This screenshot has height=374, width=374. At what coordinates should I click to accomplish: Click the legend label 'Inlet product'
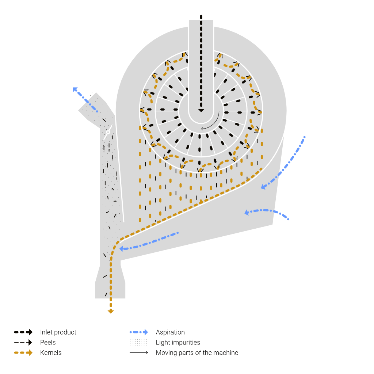click(x=58, y=332)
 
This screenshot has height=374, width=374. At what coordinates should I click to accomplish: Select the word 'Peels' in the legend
click(x=48, y=342)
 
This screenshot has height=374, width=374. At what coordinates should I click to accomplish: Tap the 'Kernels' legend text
click(x=51, y=352)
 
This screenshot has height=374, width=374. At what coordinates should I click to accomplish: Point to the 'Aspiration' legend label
click(x=170, y=332)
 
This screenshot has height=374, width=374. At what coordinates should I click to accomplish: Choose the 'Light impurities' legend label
click(x=178, y=342)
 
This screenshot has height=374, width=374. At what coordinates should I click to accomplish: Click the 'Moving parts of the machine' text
click(x=197, y=352)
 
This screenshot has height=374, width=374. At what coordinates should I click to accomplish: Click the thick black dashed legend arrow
click(x=23, y=332)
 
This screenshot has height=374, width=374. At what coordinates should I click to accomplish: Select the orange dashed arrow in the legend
click(x=23, y=352)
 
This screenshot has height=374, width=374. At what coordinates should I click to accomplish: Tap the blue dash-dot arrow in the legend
click(x=139, y=332)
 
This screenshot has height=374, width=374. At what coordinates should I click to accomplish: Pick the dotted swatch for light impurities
click(x=138, y=342)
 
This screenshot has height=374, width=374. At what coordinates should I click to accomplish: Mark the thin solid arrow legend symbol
click(x=139, y=352)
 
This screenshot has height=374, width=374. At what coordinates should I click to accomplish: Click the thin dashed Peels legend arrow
click(x=23, y=342)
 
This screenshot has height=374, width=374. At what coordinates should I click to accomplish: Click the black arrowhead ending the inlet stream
click(x=201, y=110)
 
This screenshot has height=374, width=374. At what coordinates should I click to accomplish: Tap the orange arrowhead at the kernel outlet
click(x=111, y=312)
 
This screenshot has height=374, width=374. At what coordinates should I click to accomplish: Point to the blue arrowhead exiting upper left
click(x=75, y=89)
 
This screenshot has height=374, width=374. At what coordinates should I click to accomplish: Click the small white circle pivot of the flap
click(x=108, y=132)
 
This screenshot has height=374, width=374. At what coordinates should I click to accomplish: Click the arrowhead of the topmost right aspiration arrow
click(x=263, y=187)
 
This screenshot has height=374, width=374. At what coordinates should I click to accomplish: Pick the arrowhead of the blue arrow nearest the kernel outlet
click(x=121, y=249)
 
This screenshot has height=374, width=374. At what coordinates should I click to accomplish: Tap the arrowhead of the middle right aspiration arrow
click(x=247, y=212)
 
